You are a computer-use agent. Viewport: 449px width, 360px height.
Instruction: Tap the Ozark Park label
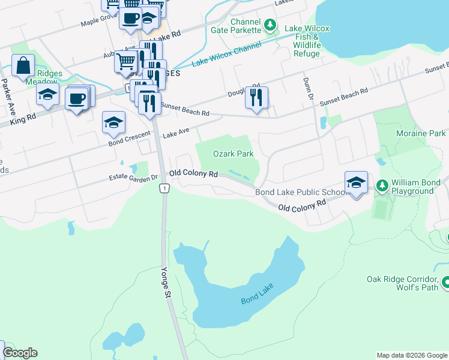point(234,154)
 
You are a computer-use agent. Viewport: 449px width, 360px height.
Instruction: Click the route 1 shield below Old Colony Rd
point(163,189)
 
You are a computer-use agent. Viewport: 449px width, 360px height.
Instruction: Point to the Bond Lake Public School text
point(301,192)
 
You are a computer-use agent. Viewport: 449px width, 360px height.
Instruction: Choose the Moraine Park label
point(421,133)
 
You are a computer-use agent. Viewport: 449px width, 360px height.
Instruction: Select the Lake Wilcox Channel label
point(226,55)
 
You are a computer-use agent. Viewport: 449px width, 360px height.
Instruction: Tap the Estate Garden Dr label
point(133,178)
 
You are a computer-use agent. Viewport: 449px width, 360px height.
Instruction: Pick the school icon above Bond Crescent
point(113,122)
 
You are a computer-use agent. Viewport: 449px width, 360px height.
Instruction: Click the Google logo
point(20,353)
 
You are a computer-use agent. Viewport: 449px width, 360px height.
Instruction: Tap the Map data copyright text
point(411,355)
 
